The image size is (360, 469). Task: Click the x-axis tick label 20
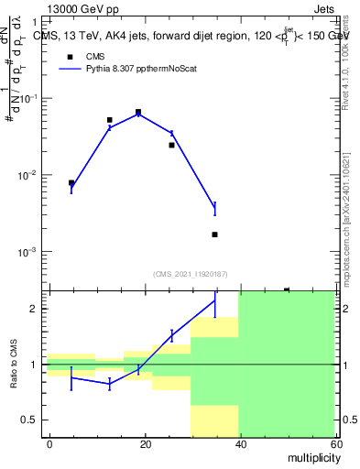(x=145, y=443)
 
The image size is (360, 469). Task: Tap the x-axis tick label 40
(x=240, y=443)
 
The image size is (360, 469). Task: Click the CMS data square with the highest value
(x=138, y=113)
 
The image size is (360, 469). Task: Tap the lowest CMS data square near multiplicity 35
(x=214, y=234)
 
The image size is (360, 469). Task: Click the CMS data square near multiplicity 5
(x=71, y=183)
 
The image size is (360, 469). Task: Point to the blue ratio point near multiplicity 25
(x=171, y=336)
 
